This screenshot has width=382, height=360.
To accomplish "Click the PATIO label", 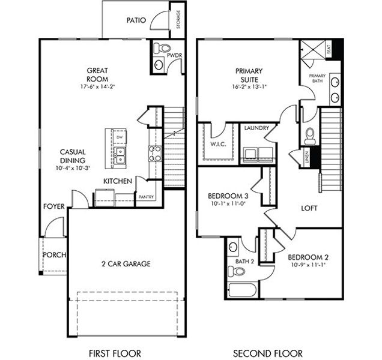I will pos(136,20).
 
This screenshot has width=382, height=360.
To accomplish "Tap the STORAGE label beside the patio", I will pos(178,19).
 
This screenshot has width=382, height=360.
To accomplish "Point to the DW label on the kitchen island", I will pos(120,138).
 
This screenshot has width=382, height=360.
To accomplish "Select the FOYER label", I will pos(53,206).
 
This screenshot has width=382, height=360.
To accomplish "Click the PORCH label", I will pos(54,254).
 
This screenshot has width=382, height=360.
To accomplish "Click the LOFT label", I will pos(309,208).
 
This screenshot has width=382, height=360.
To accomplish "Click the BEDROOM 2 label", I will pos(308,257).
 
